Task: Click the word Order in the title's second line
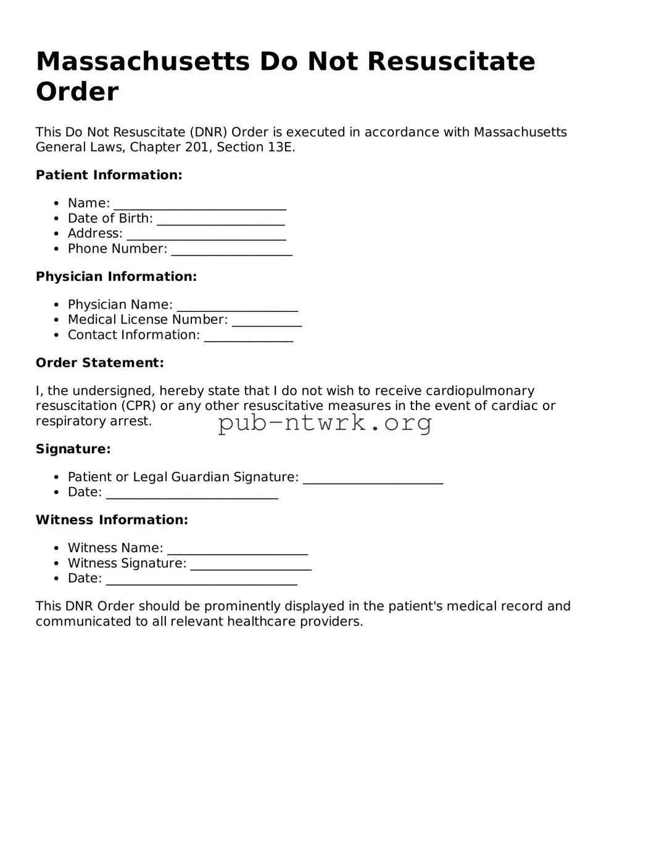(77, 92)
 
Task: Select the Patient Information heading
(109, 175)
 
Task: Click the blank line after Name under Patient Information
(200, 204)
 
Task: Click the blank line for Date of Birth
(221, 220)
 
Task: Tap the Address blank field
(206, 235)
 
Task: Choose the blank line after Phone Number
(231, 250)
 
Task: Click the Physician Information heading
(116, 277)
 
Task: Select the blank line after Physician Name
(238, 306)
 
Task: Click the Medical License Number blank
(267, 321)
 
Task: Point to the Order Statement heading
(100, 363)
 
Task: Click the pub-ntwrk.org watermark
(325, 423)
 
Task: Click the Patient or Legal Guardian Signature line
(373, 479)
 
